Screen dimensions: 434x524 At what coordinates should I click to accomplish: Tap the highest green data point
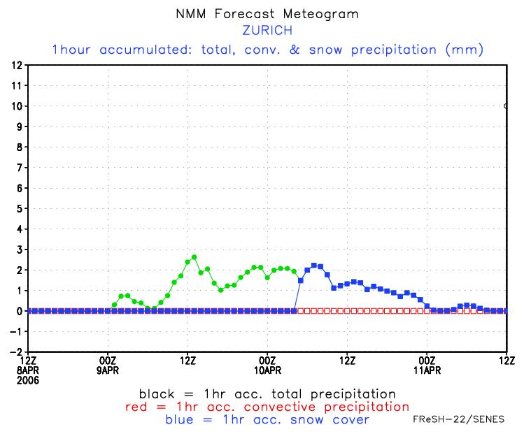pos(194,257)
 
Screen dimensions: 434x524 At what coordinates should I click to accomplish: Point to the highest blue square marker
pos(314,266)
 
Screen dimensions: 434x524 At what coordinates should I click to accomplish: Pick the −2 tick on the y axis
pos(15,352)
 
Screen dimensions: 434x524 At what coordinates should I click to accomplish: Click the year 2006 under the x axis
pos(29,380)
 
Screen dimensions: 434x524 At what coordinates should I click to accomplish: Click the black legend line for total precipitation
pos(267,394)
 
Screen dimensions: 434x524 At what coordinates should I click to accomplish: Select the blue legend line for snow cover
pos(267,419)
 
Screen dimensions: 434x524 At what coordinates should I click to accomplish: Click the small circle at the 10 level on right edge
pos(507,106)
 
